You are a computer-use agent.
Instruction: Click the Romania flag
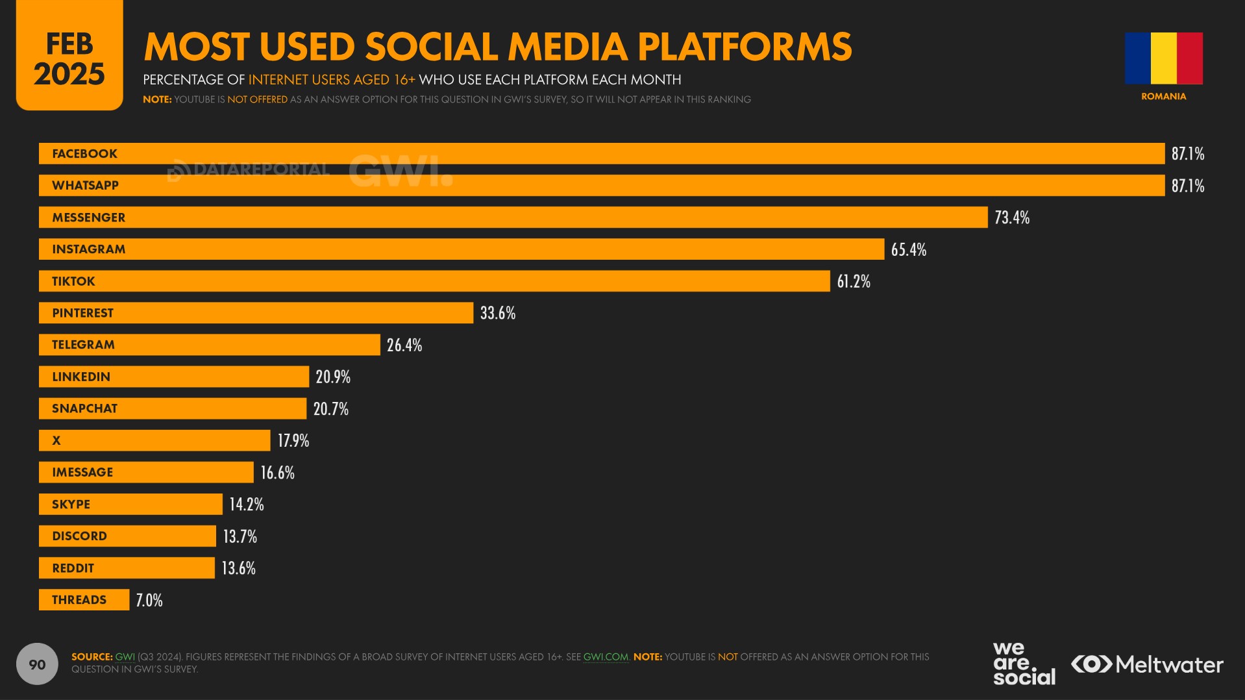[1163, 58]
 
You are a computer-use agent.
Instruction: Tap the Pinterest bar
[256, 313]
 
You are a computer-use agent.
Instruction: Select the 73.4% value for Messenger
[1012, 218]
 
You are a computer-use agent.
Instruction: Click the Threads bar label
[79, 600]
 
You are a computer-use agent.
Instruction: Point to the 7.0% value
[149, 600]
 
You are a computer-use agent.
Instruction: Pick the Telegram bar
[209, 345]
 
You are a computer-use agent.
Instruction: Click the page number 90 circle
[37, 664]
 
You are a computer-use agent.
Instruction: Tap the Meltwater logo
[1147, 664]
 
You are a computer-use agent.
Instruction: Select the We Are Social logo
[1024, 663]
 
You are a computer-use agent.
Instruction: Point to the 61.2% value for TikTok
[854, 281]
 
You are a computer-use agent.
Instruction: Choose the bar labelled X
[154, 440]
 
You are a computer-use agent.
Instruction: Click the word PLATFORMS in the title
[745, 47]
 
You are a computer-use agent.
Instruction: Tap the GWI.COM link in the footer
[606, 657]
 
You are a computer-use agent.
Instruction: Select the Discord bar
[127, 536]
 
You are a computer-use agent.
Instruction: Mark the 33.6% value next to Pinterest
[498, 313]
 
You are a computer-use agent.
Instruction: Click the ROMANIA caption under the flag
[1163, 96]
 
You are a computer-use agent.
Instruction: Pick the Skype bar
[130, 505]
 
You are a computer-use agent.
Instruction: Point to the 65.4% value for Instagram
[908, 249]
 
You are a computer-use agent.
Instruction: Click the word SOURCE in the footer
[92, 657]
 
